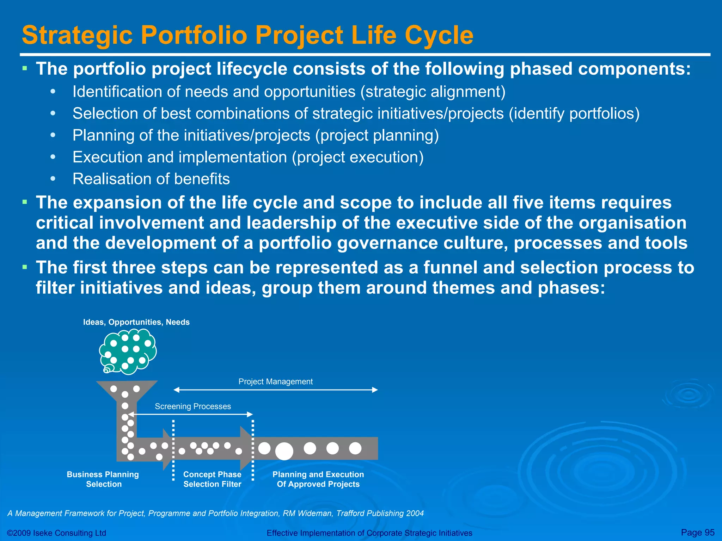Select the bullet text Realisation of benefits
[151, 179]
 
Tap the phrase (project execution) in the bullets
[357, 157]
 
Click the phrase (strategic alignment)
[433, 92]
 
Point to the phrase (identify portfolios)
[574, 113]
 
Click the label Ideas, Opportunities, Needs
[136, 322]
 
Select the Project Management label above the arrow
[275, 381]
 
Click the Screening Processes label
[193, 406]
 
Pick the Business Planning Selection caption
[103, 479]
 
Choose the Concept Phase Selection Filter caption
[212, 479]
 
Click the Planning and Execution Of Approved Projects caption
[318, 479]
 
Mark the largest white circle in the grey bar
[284, 451]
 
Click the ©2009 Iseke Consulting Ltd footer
[56, 533]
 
